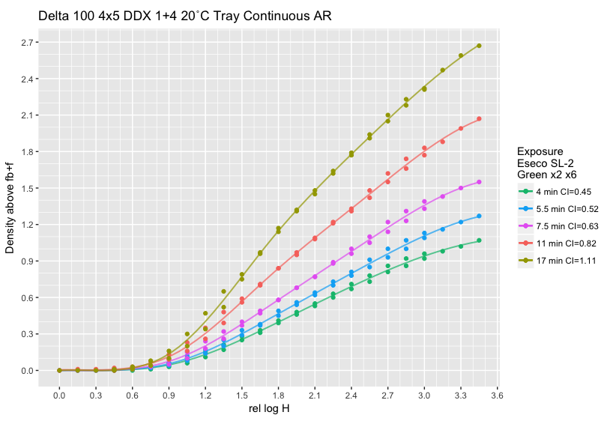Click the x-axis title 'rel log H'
pos(269,408)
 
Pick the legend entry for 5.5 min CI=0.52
pos(558,208)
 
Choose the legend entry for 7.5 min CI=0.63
pos(558,225)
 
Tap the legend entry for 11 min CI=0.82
pos(556,243)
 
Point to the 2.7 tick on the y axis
pos(29,43)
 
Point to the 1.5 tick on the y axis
pos(29,188)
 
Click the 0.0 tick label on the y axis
pos(29,371)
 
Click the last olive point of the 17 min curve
pos(479,46)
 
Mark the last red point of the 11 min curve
pos(479,118)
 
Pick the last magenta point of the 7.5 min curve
pos(479,182)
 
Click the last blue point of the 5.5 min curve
pos(479,216)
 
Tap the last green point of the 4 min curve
pos(479,240)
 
